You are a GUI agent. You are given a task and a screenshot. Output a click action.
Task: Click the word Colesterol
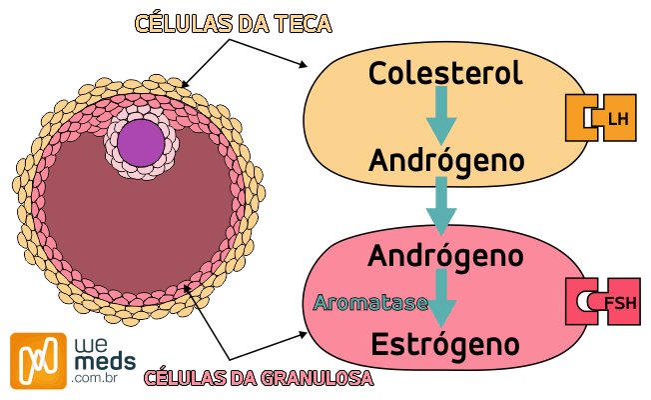pos(445,73)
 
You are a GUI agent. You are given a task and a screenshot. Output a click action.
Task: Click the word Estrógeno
pos(445,345)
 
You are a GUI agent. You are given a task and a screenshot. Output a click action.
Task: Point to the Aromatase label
pos(370,302)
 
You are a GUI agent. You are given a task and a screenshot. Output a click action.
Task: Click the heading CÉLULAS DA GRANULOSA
pos(259,378)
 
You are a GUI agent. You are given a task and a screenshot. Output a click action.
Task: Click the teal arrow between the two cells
pos(440,206)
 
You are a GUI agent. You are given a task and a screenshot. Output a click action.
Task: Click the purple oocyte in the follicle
pos(140,142)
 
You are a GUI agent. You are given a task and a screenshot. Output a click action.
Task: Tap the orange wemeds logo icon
pos(37,360)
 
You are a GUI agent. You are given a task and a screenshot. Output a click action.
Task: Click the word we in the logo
pos(87,343)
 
